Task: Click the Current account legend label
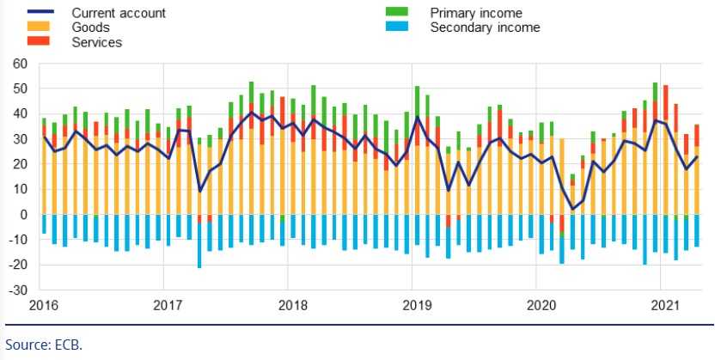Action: coord(119,13)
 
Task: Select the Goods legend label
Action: coord(90,27)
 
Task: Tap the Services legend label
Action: coord(96,42)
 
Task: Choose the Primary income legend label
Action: coord(475,13)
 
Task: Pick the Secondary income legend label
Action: coord(485,27)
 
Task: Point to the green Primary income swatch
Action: coord(396,13)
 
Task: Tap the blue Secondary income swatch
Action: coord(396,27)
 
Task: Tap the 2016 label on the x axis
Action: coord(44,305)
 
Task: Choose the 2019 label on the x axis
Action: coord(417,305)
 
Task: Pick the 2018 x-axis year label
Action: coord(292,305)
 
